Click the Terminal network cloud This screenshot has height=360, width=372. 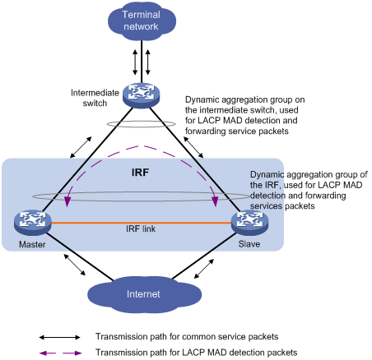coord(142,21)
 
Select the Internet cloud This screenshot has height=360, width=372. coord(144,294)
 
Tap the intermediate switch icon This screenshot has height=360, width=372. coord(141,95)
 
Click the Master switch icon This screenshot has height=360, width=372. coord(33,223)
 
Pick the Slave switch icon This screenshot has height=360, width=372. coord(249,222)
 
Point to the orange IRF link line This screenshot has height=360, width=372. coord(141,223)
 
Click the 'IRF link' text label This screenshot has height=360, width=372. coord(141,228)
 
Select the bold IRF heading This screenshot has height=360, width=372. coord(140,173)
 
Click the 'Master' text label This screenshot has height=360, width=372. coord(32,244)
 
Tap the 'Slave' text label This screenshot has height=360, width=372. coord(249,244)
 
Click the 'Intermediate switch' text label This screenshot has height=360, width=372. coord(95,98)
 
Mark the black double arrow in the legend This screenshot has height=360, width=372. coord(60,337)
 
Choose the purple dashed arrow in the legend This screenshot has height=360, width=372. coord(60,353)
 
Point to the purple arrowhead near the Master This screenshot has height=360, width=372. coord(67,201)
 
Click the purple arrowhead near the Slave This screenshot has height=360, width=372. coord(216,201)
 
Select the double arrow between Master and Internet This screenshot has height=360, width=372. coord(74,265)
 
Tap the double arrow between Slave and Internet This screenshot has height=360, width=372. coord(204,269)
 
